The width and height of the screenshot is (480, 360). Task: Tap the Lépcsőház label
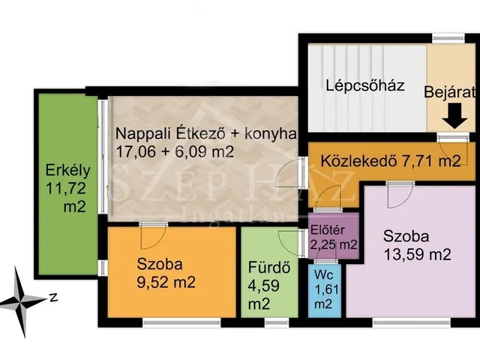click(x=365, y=85)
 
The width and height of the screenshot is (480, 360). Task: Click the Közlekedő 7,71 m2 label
click(x=390, y=160)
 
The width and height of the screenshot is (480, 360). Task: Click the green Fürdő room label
click(x=263, y=268)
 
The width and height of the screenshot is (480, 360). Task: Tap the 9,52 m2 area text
click(x=166, y=283)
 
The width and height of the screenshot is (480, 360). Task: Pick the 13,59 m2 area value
click(x=417, y=253)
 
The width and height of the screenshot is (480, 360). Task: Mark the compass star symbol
click(x=22, y=298)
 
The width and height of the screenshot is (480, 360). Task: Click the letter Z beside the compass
click(x=54, y=297)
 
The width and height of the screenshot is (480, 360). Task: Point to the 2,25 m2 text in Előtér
click(x=334, y=244)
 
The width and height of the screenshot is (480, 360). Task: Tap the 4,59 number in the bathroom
click(x=263, y=286)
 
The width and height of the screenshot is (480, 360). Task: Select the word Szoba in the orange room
click(x=160, y=264)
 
